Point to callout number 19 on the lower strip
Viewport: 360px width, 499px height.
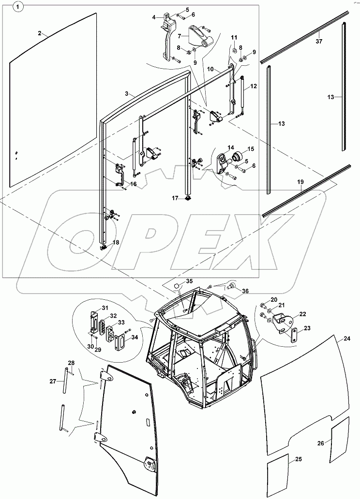[300, 182]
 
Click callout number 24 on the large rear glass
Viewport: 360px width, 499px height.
[346, 338]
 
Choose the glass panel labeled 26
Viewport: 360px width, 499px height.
[341, 441]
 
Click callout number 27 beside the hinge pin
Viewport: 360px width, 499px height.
[54, 381]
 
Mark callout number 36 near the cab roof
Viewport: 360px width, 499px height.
[245, 291]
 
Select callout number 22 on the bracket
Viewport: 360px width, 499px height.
[303, 314]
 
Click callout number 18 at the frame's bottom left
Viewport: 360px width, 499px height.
[116, 242]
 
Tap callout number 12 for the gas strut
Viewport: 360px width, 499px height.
[254, 87]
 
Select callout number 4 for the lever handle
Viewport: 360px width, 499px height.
[154, 17]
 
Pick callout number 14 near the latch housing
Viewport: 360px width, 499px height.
[230, 147]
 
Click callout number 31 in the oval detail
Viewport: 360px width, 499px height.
[105, 308]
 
